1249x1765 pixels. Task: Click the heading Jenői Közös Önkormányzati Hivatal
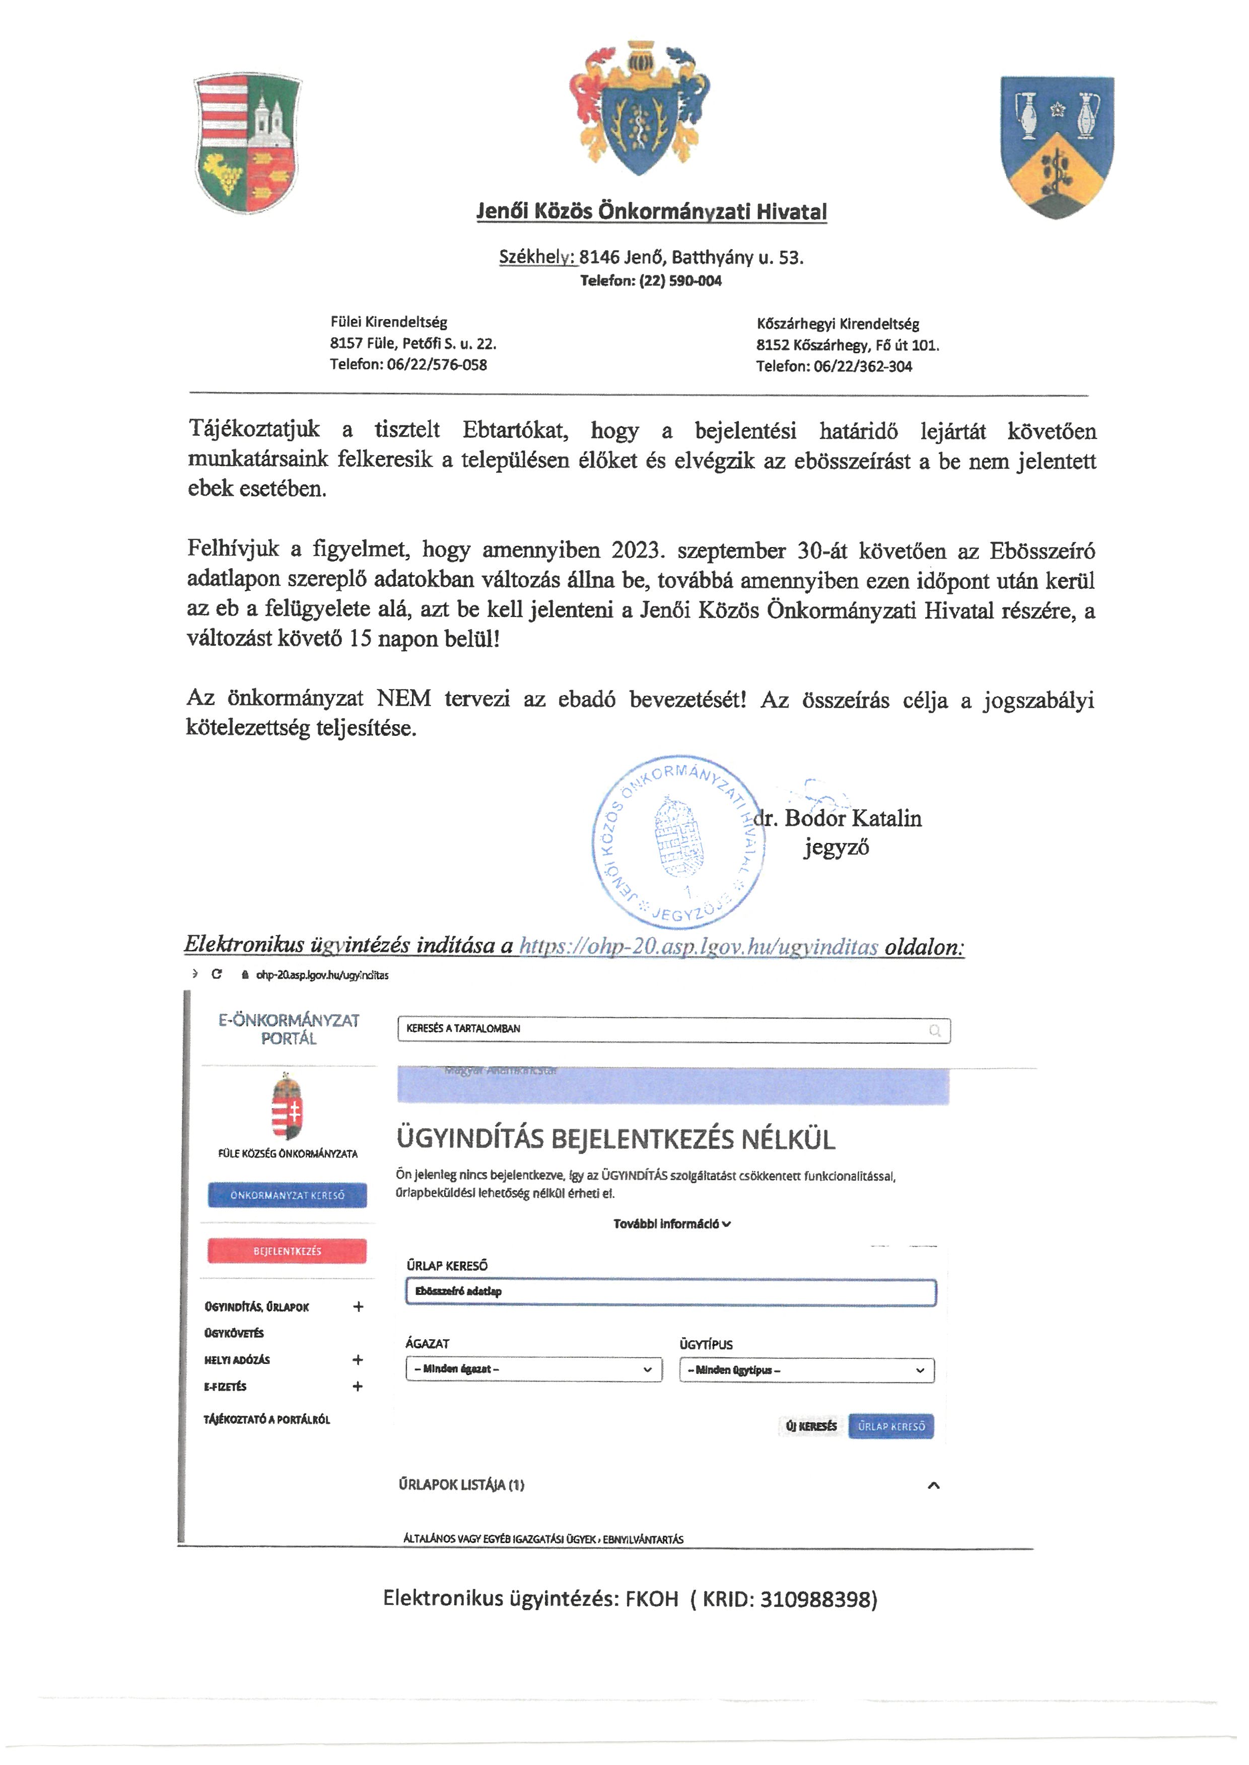pyautogui.click(x=651, y=211)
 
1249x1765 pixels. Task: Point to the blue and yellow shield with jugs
pyautogui.click(x=1057, y=145)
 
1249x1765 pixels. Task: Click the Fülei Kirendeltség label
pyautogui.click(x=388, y=322)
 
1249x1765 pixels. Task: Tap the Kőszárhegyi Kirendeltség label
pyautogui.click(x=838, y=324)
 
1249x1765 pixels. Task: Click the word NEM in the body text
pyautogui.click(x=404, y=698)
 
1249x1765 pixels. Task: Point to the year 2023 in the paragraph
pyautogui.click(x=637, y=551)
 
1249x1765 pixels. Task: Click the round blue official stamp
pyautogui.click(x=678, y=842)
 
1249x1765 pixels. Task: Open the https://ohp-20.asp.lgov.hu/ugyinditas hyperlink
pyautogui.click(x=699, y=946)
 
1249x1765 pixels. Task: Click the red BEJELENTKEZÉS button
pyautogui.click(x=287, y=1251)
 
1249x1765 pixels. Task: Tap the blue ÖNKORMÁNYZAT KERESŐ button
pyautogui.click(x=287, y=1195)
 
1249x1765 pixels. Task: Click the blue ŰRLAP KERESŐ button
pyautogui.click(x=891, y=1426)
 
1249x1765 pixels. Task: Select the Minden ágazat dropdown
pyautogui.click(x=534, y=1369)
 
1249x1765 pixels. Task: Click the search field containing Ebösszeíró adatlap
pyautogui.click(x=671, y=1291)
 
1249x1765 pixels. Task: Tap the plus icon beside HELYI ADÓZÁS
pyautogui.click(x=358, y=1360)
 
